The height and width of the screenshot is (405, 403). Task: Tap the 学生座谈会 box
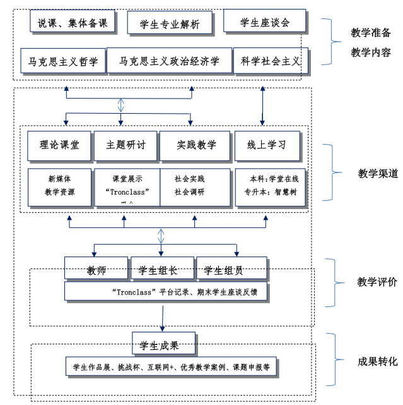tap(264, 23)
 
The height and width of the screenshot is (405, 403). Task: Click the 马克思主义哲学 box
tap(63, 61)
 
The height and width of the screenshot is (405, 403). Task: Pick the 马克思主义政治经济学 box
tap(169, 61)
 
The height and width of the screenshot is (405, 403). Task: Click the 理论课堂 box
tap(59, 145)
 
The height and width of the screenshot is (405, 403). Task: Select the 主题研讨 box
tap(126, 145)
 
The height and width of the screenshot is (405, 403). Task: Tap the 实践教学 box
tap(196, 145)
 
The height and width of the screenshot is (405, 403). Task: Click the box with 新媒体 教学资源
tap(59, 186)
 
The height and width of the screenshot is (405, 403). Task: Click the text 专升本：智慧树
tap(266, 192)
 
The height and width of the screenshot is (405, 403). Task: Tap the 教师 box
tap(96, 270)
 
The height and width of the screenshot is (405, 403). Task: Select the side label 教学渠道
tap(378, 173)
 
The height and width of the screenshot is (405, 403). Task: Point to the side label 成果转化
tap(377, 361)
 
